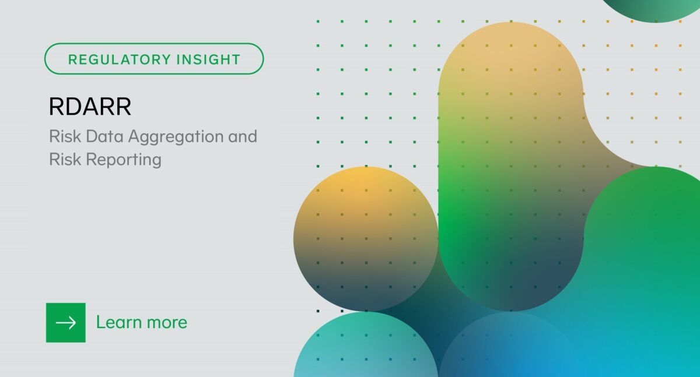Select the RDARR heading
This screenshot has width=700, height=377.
(90, 107)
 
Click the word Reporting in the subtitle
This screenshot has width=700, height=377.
(124, 159)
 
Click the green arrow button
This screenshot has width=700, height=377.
(66, 322)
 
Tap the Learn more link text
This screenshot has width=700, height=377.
(141, 322)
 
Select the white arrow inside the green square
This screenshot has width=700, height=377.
(66, 322)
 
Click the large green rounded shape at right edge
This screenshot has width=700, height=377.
(647, 245)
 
